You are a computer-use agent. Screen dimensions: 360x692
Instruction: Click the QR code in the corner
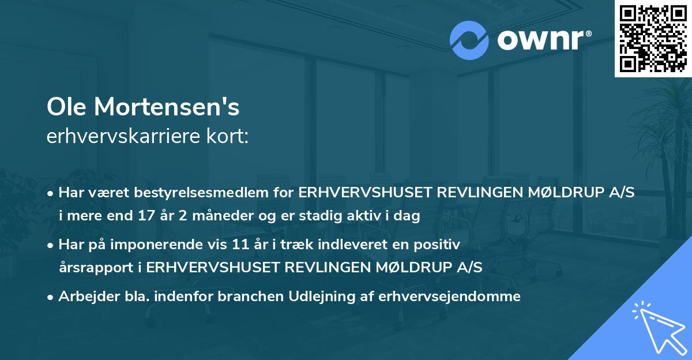point(653,38)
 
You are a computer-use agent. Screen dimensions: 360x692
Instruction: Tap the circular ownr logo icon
point(469,40)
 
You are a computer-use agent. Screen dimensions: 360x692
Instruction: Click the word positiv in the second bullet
point(439,245)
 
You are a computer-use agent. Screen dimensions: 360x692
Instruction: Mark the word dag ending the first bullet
point(407,216)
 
